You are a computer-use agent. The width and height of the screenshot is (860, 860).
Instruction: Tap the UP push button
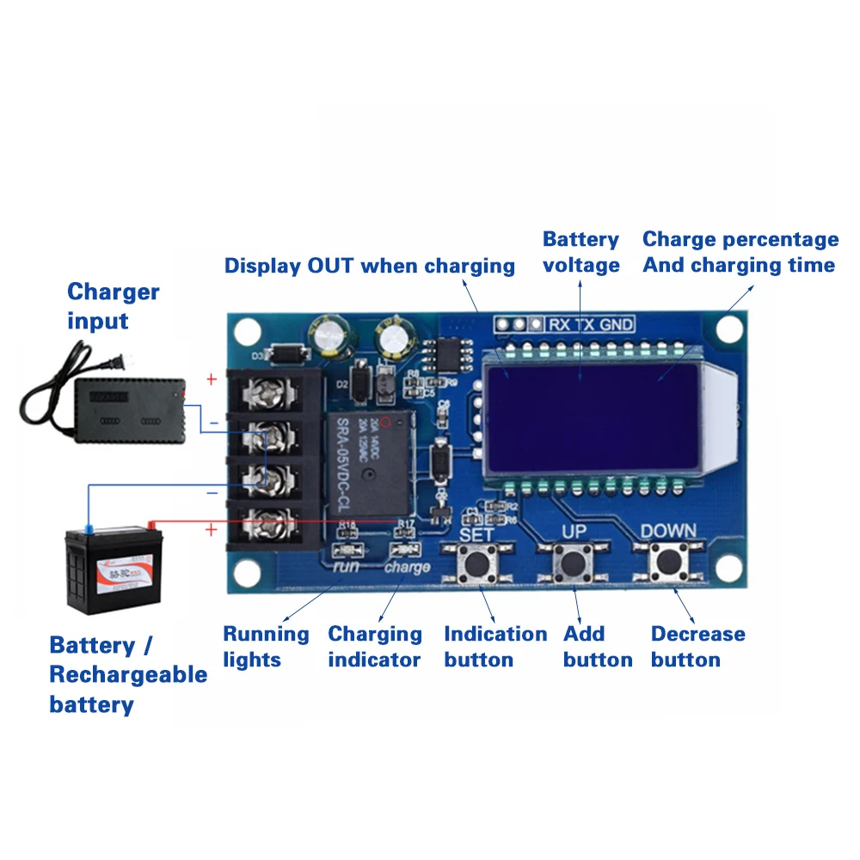572,564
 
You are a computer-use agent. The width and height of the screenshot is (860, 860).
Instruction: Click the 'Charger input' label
113,306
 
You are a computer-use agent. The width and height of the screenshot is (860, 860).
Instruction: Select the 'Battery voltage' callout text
580,252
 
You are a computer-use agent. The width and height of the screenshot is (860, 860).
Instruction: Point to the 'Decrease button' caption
697,647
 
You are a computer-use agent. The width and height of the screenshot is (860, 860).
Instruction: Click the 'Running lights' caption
266,647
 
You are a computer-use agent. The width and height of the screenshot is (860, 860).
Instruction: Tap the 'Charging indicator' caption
375,647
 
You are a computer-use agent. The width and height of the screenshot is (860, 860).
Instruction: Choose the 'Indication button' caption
495,647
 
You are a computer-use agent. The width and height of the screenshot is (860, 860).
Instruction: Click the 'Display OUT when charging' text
370,265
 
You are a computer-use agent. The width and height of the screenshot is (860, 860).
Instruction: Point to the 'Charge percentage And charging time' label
740,252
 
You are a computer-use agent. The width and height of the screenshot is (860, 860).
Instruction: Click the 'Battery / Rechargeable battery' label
128,675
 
